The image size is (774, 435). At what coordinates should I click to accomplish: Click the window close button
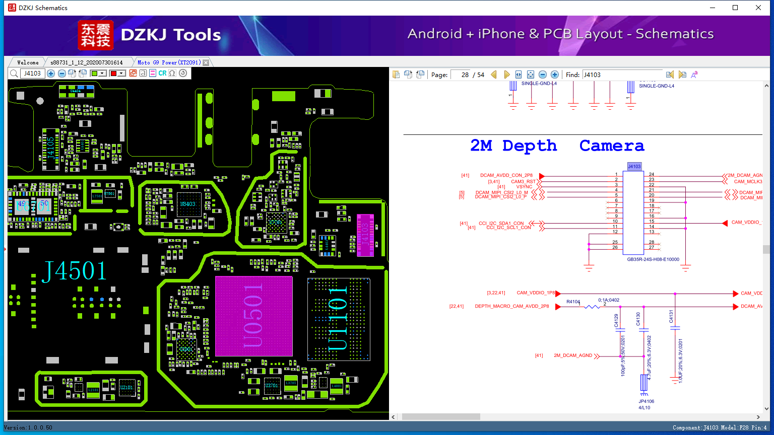point(758,8)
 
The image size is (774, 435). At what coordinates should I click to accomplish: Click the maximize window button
point(735,8)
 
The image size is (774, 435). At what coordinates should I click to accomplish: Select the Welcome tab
point(28,62)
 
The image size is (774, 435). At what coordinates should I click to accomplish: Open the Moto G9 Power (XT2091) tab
point(169,62)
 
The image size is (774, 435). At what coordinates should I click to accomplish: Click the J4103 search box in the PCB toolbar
point(33,74)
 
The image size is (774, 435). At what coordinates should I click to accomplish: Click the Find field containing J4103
point(622,75)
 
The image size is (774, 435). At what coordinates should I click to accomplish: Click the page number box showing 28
point(461,75)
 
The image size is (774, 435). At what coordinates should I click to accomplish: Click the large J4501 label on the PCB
point(75,271)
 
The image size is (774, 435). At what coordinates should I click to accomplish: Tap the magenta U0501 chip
point(253,316)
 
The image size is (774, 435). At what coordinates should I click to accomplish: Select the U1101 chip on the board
point(338,319)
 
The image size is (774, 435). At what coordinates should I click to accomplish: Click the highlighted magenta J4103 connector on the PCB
point(365,235)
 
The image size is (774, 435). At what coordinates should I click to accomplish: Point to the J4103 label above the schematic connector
point(634,166)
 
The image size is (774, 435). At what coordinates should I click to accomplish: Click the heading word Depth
point(530,146)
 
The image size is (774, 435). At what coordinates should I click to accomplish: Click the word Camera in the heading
point(612,146)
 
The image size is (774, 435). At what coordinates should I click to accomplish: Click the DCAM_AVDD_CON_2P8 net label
point(506,176)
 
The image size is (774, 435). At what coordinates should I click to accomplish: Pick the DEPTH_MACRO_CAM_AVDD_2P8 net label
point(512,306)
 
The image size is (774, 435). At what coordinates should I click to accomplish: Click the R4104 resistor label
point(573,302)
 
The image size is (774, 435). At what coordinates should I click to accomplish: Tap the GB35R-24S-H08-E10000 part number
point(653,260)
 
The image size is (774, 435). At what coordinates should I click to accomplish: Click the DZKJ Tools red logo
point(96,35)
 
